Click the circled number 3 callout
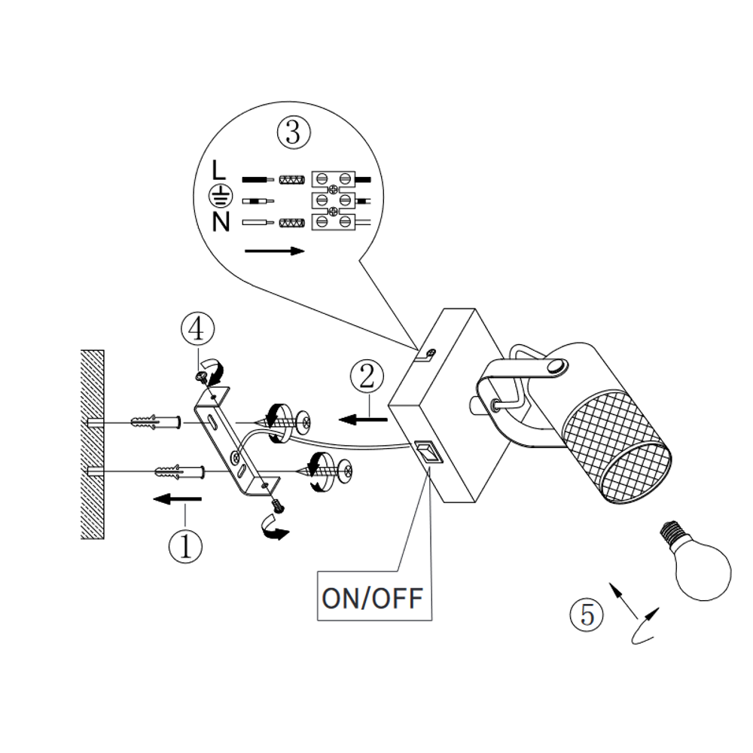[294, 132]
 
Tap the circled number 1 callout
[185, 546]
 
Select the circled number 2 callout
[367, 376]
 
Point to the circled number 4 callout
[197, 330]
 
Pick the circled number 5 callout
[587, 614]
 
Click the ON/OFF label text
[372, 599]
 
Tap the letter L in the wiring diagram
[218, 170]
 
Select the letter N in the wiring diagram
[221, 222]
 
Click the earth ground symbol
[221, 196]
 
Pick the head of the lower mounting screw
[344, 472]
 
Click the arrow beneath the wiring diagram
[274, 252]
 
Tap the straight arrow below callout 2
[363, 419]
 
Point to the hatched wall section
[93, 444]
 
